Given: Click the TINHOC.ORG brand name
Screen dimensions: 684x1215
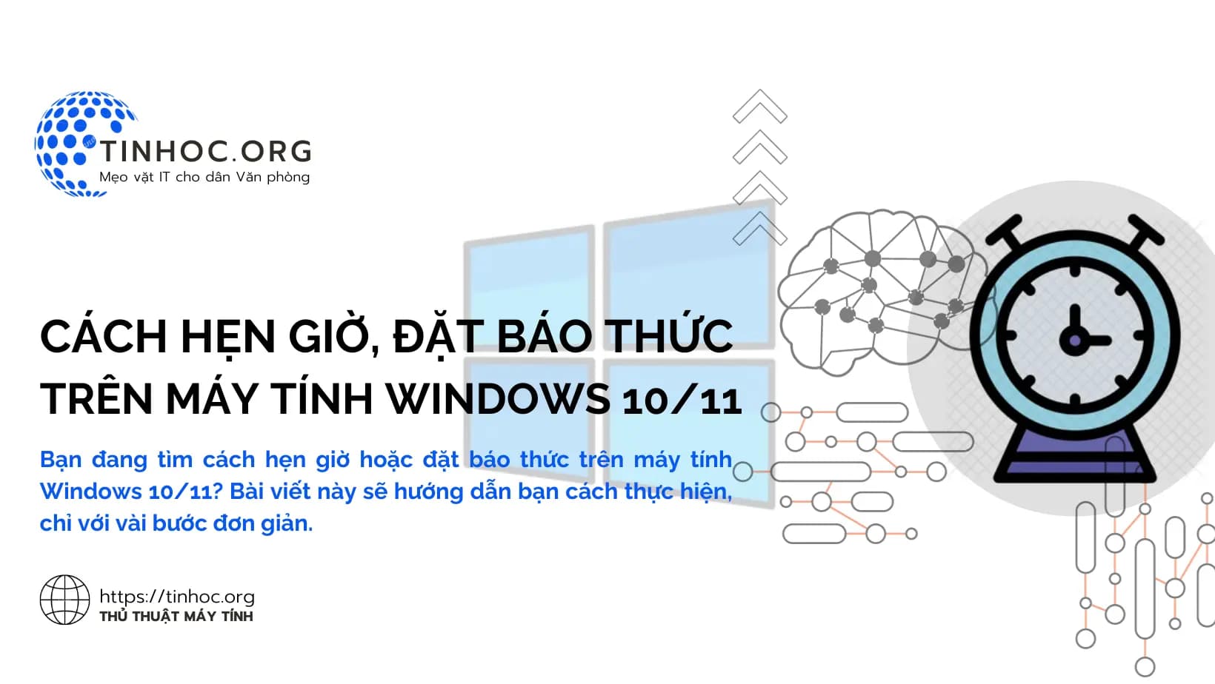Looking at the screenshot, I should (x=205, y=151).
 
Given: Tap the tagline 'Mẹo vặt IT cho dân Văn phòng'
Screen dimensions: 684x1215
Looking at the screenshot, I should (x=204, y=177).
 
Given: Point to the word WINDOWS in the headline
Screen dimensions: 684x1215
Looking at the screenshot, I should (x=499, y=399).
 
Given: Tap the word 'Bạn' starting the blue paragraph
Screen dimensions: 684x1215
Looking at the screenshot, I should (x=61, y=460).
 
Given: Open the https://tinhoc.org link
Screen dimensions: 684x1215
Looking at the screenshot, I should (x=177, y=597).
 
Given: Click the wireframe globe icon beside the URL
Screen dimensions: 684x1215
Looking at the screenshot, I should (x=64, y=600).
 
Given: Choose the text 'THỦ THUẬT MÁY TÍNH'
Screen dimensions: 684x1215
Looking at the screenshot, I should (x=176, y=616).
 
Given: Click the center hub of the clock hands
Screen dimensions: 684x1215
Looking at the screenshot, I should (x=1074, y=341).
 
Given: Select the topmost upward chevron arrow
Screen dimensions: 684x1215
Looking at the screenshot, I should (x=759, y=107).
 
